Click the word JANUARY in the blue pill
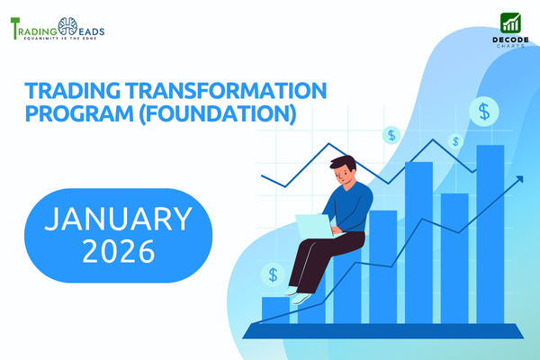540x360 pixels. click(x=119, y=218)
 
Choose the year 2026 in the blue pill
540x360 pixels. click(x=119, y=250)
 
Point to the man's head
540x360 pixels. click(x=344, y=168)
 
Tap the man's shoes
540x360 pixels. click(x=299, y=293)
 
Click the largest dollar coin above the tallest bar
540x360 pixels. click(x=486, y=112)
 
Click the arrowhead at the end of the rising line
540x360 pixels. click(x=519, y=180)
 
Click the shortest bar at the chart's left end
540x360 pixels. click(x=274, y=309)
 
